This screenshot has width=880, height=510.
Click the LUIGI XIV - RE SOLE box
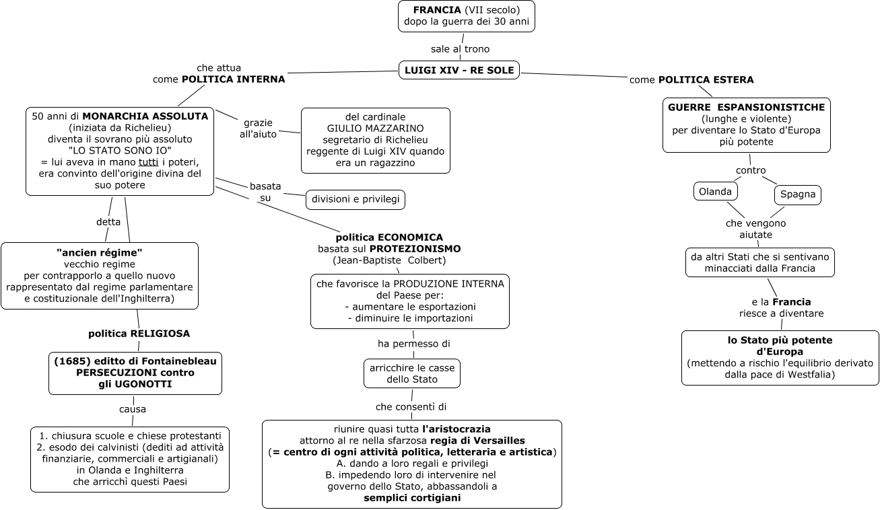click(459, 69)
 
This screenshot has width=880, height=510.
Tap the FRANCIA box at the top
click(466, 16)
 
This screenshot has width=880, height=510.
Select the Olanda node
click(715, 192)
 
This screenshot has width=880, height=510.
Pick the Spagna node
click(798, 195)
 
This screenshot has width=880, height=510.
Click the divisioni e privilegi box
click(356, 200)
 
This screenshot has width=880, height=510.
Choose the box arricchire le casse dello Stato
click(411, 373)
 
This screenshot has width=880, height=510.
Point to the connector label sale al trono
click(460, 49)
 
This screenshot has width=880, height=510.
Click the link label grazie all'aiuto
click(258, 129)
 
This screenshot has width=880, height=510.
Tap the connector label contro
click(750, 170)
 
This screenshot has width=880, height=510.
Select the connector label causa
click(133, 409)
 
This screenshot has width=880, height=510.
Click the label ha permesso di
click(413, 344)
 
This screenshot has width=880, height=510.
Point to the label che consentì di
click(411, 406)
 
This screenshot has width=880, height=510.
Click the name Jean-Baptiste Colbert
click(389, 260)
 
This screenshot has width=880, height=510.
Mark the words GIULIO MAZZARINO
click(375, 128)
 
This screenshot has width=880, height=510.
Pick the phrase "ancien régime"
click(100, 252)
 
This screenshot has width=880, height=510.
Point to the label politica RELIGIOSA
click(139, 333)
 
